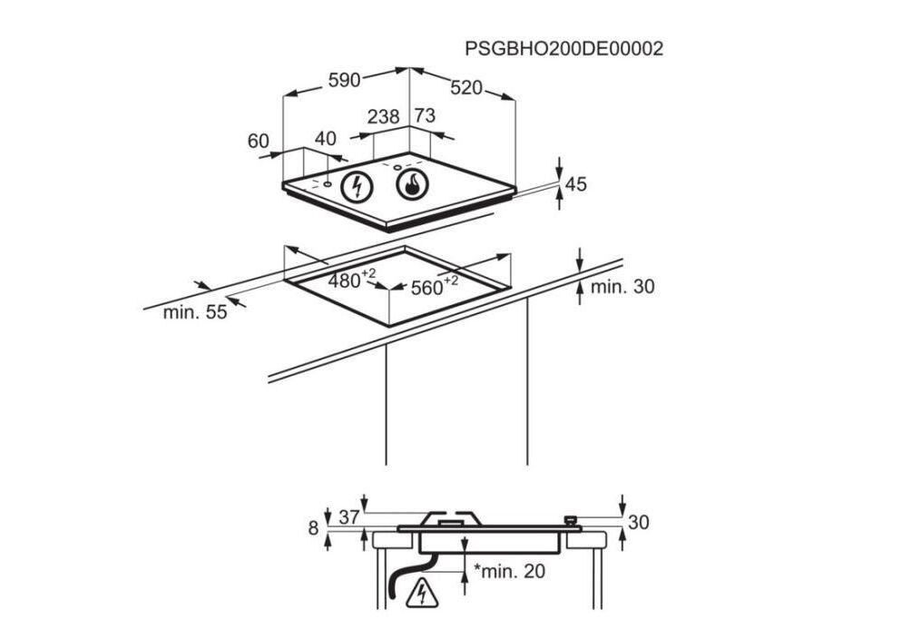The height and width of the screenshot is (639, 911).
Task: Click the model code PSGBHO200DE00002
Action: coord(563,48)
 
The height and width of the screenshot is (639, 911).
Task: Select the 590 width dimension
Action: coord(344,81)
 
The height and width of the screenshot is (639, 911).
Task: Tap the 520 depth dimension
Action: coord(466,88)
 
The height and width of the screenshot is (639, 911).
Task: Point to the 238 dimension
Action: coord(384,116)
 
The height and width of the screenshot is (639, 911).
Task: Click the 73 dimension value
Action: coord(425,116)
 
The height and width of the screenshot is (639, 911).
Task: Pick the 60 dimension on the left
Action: coord(259,141)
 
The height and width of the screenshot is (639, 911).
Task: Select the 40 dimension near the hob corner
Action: coord(325,139)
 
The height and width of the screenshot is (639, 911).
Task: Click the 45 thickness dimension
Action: coord(576,184)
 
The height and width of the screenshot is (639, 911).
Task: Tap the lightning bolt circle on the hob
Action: coord(358,187)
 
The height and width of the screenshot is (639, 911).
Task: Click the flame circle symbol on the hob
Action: coord(412,185)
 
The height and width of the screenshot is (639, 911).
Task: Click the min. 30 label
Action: coord(622,287)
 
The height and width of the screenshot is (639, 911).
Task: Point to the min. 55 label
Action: coord(194,313)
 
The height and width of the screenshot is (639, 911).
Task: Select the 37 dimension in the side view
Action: coord(349,517)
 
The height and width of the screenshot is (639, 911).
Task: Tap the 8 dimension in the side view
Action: coord(314,528)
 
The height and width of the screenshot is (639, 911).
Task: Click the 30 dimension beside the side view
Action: coord(639,523)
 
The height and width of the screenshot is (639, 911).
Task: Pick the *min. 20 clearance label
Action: coord(510,571)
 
